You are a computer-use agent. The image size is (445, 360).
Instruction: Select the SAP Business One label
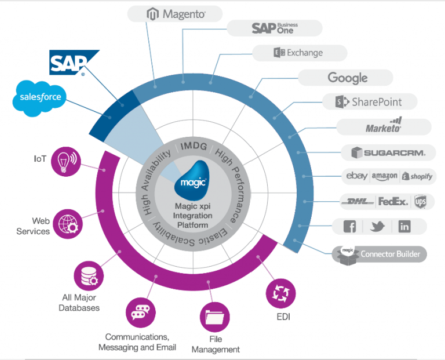tap(274, 28)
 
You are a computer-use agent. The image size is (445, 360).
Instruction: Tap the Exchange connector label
tap(300, 53)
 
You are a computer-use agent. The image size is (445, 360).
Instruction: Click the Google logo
tap(347, 78)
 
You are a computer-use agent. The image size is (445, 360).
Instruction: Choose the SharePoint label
tap(369, 102)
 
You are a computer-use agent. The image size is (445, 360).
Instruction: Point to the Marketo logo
tap(384, 126)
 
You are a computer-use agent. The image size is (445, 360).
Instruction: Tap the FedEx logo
tap(393, 202)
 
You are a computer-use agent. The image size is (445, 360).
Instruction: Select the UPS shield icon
tap(420, 202)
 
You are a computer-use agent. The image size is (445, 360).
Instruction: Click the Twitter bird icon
tap(378, 227)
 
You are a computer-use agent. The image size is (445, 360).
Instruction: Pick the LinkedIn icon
tap(404, 227)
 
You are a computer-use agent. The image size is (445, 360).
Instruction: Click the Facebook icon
tap(350, 227)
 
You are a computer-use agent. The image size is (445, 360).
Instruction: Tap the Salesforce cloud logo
tap(40, 97)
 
